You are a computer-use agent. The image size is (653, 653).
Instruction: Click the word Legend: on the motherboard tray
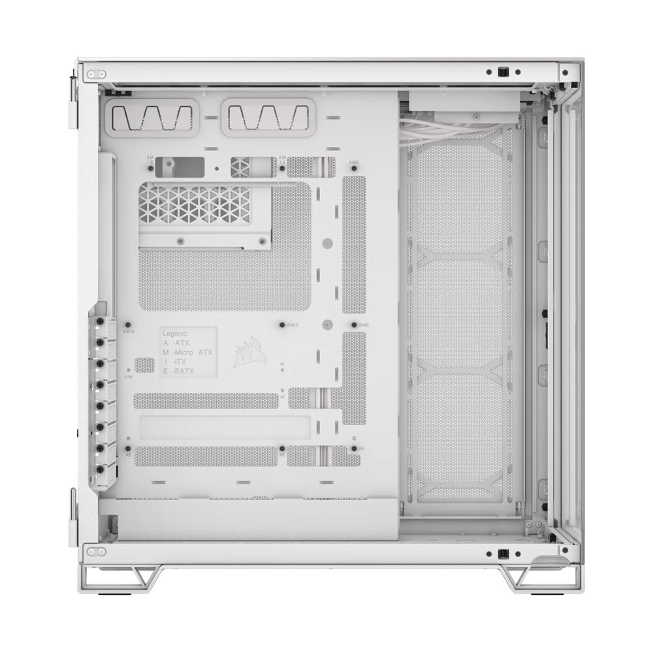coord(176,333)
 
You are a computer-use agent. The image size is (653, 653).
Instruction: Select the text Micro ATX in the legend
coord(192,352)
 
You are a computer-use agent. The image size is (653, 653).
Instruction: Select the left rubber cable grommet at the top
coord(150,118)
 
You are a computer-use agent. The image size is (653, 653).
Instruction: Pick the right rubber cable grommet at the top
coord(264,118)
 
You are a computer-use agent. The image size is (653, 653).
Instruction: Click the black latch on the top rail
coord(503,72)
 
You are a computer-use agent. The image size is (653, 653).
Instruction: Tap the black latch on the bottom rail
coord(503,554)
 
